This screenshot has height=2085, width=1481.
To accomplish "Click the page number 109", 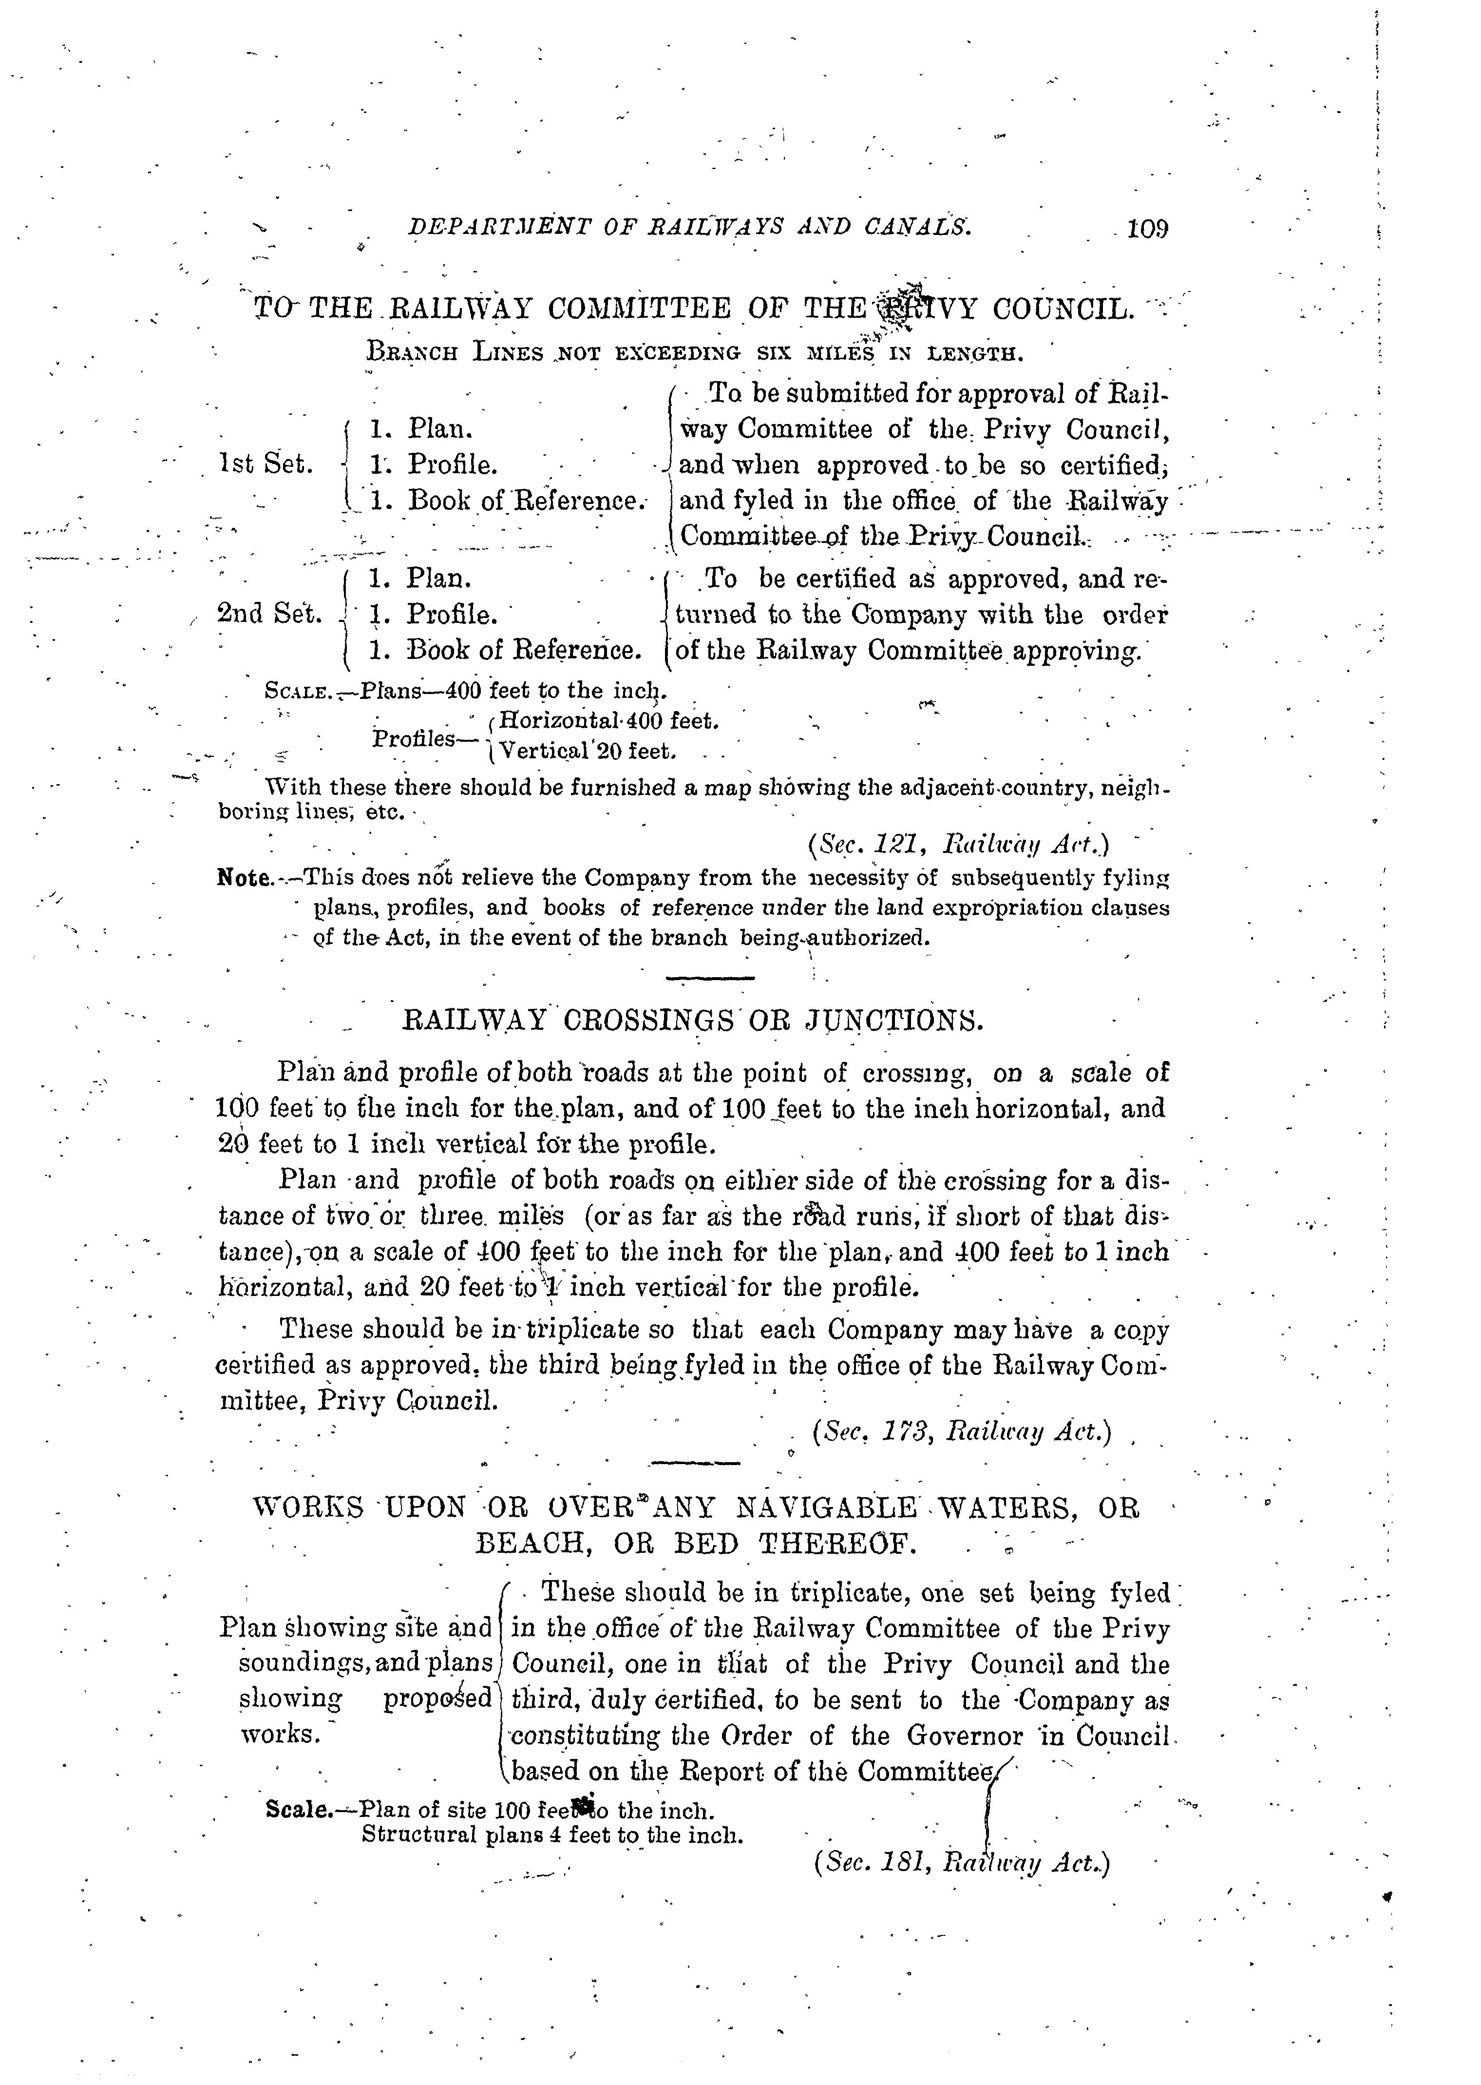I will coord(1147,228).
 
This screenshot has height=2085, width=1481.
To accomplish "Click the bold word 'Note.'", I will coord(245,878).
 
